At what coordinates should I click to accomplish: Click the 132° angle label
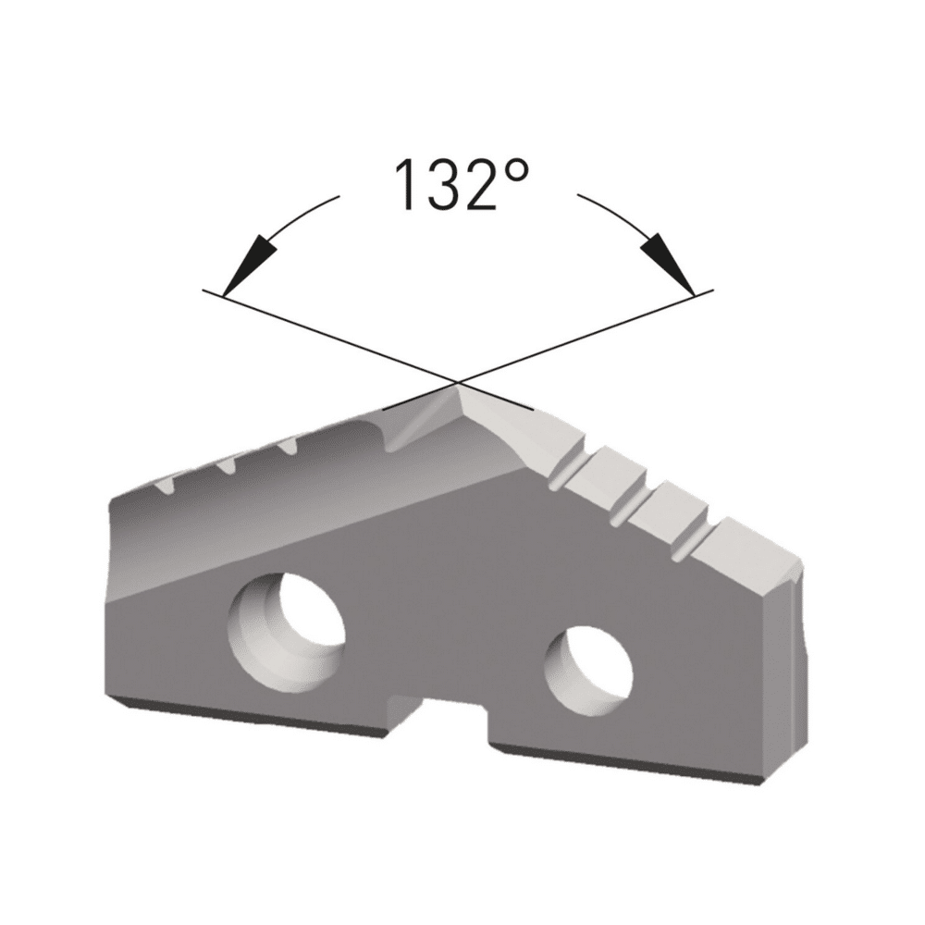pyautogui.click(x=462, y=184)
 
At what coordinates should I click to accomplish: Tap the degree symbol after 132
pyautogui.click(x=517, y=172)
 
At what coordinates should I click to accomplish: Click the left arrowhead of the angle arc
pyautogui.click(x=250, y=265)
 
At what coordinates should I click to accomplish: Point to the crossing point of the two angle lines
pyautogui.click(x=459, y=384)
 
